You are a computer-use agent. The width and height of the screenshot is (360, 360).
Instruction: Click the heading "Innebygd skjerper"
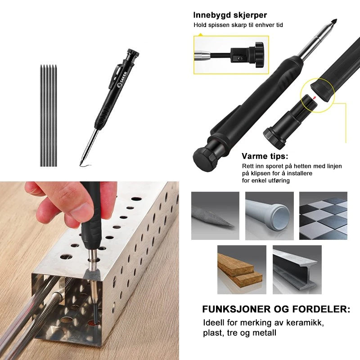230,15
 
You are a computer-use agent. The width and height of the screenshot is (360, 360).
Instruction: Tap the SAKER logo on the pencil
121,80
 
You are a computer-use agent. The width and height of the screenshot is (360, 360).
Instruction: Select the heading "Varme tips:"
265,156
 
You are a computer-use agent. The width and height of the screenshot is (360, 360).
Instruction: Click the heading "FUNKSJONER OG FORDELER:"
276,309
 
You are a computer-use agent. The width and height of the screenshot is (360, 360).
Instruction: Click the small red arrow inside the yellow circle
314,98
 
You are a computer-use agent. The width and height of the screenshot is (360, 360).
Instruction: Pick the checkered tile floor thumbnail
323,216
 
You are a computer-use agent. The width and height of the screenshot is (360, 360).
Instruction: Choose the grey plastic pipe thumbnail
269,216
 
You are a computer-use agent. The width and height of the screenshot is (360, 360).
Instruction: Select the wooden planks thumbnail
242,270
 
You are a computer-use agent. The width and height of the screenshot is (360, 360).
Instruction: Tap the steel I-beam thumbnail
297,270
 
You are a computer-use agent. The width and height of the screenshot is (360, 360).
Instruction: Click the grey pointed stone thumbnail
215,216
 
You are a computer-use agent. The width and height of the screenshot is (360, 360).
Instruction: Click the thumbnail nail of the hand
81,210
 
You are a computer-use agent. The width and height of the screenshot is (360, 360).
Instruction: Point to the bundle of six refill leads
48,116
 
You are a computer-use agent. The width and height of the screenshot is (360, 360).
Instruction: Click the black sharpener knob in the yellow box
258,54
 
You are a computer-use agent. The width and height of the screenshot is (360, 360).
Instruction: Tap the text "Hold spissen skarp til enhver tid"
238,25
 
